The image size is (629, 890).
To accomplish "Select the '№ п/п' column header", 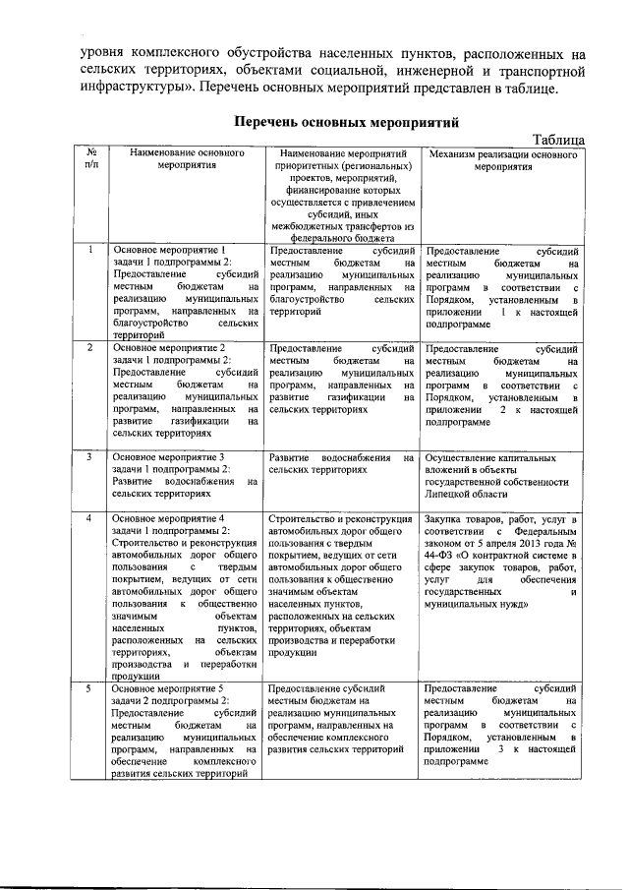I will [x=90, y=159].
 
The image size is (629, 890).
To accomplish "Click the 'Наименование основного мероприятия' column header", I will [x=186, y=159].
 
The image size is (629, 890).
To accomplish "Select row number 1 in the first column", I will [x=90, y=251].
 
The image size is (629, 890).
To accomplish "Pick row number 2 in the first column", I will [x=90, y=348].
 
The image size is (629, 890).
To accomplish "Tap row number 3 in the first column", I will [x=90, y=457].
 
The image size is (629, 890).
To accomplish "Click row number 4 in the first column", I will [x=90, y=517].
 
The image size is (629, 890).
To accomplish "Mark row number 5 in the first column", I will [x=90, y=688].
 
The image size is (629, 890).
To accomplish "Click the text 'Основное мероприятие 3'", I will [x=169, y=457].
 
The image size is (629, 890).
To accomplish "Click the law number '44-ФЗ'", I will [x=441, y=555].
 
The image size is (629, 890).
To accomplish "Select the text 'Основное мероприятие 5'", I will [x=169, y=688].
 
